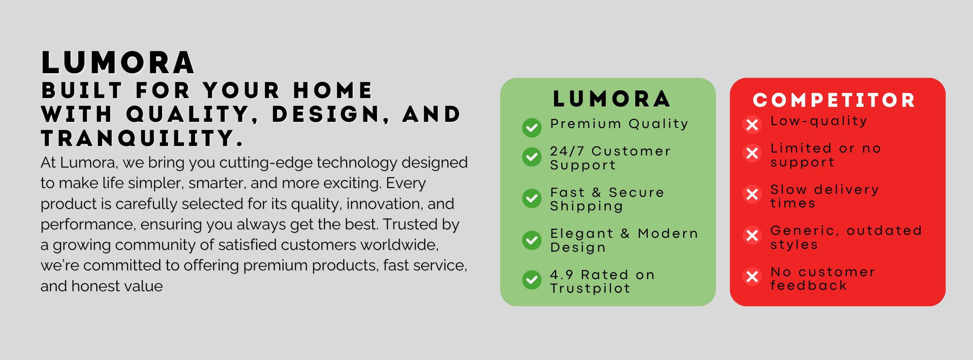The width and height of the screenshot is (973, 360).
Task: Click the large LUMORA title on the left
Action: click(118, 63)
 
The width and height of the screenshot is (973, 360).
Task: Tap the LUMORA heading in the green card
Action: click(612, 99)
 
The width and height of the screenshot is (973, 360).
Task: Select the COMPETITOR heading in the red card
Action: click(834, 101)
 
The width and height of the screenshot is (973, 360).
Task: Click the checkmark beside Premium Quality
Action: click(532, 128)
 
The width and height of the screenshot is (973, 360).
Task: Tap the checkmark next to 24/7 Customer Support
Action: click(532, 157)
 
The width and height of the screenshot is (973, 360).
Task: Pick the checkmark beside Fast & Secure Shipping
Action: click(532, 198)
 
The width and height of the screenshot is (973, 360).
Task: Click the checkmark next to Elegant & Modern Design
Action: click(532, 240)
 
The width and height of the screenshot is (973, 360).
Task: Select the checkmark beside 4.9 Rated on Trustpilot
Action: click(532, 280)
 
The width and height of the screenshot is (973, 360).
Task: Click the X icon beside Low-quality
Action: click(752, 125)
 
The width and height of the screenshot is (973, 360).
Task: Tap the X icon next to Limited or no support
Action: click(752, 153)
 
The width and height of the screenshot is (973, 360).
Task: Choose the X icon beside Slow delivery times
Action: click(752, 194)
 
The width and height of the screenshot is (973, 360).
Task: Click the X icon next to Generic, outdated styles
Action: click(752, 236)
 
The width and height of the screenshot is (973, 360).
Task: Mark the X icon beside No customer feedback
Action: click(752, 277)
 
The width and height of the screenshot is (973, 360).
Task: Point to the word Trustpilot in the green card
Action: click(590, 288)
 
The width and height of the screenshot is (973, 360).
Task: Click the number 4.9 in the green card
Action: click(562, 275)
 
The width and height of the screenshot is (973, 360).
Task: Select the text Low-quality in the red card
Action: click(819, 121)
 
